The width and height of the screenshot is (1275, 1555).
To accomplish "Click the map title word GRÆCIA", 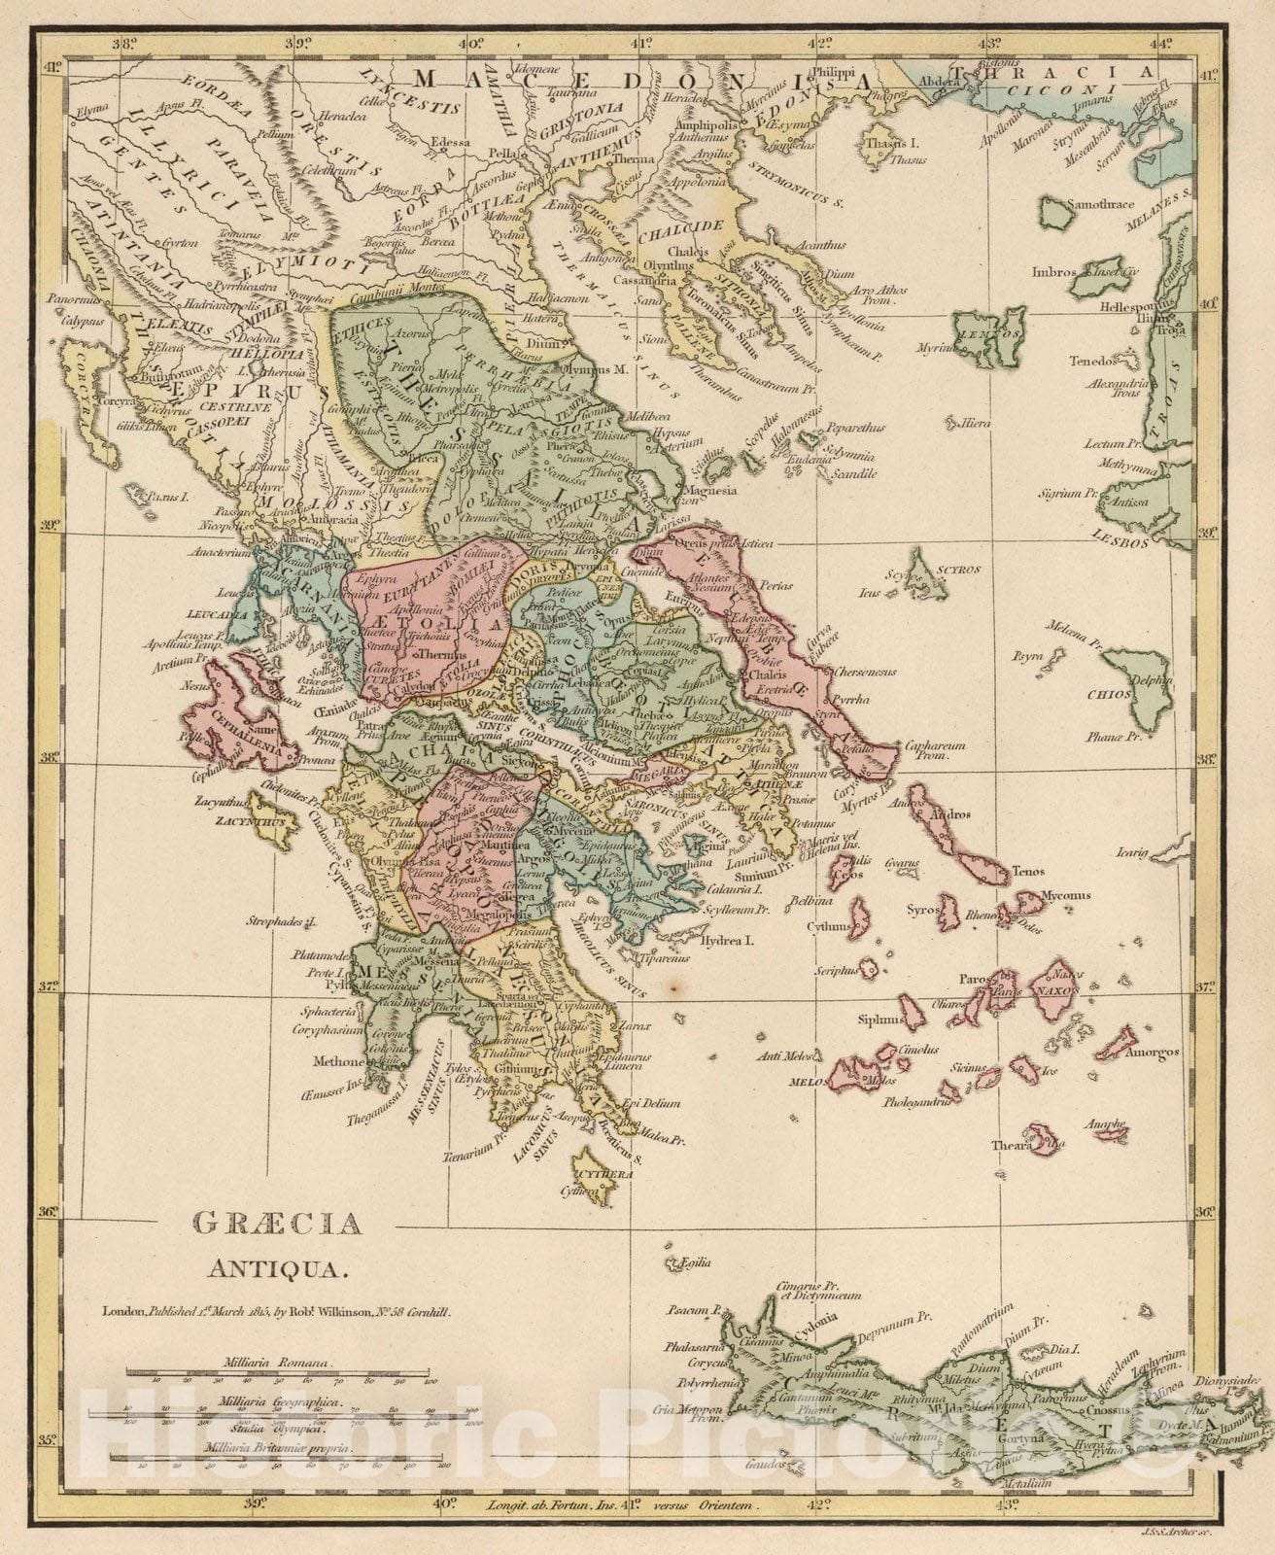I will coord(278,1224).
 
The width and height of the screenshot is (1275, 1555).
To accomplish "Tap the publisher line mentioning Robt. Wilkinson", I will coord(278,1312).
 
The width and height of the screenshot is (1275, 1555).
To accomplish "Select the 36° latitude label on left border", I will coord(48,1211).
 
